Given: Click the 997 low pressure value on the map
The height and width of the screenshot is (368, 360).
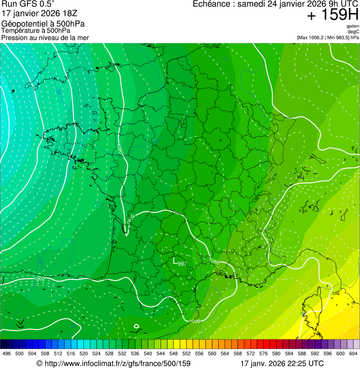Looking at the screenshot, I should point(181,264).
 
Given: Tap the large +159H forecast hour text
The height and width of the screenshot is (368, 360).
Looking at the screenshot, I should point(332,15).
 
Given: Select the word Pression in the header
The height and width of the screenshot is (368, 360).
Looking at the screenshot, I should point(15,37).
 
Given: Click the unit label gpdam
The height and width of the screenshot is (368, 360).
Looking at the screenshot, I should point(353,26).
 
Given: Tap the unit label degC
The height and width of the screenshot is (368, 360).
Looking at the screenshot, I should point(353,31).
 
